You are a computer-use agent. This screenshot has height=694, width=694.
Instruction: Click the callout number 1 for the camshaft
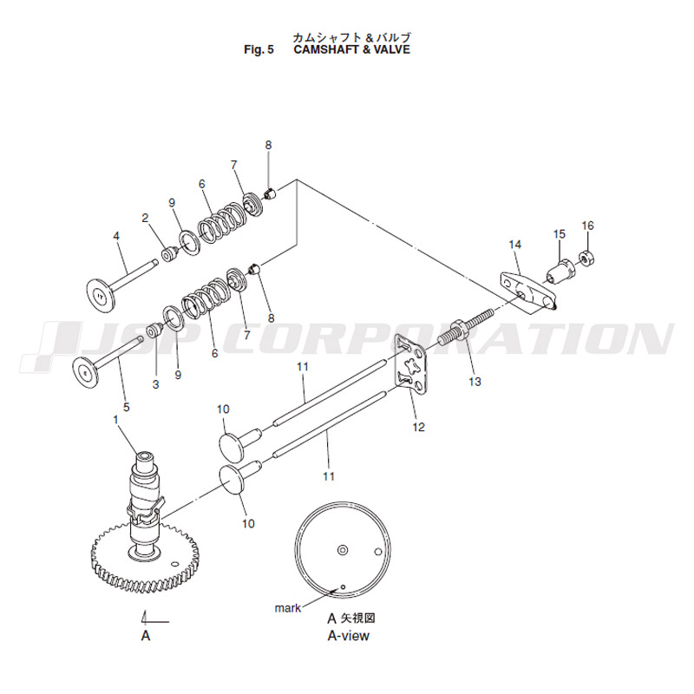pyautogui.click(x=116, y=419)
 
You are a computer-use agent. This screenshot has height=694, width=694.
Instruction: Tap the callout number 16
pyautogui.click(x=587, y=226)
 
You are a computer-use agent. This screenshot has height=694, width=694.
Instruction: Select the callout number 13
pyautogui.click(x=475, y=382)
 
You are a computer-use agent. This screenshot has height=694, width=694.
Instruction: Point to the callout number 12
pyautogui.click(x=419, y=427)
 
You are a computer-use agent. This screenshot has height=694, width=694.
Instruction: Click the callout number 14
pyautogui.click(x=515, y=245)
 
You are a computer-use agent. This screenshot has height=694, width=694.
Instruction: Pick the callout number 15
pyautogui.click(x=560, y=233)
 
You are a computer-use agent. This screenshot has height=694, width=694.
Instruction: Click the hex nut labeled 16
pyautogui.click(x=587, y=258)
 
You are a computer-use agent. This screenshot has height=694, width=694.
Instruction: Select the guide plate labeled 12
pyautogui.click(x=411, y=363)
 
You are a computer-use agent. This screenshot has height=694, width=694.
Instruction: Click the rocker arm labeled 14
pyautogui.click(x=527, y=290)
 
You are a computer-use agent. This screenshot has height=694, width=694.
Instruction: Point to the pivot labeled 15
pyautogui.click(x=560, y=271)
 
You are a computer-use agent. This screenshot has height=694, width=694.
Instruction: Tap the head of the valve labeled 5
pyautogui.click(x=86, y=373)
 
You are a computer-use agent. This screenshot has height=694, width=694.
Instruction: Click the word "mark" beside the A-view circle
pyautogui.click(x=288, y=608)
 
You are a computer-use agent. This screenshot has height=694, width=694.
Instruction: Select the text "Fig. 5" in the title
pyautogui.click(x=259, y=49)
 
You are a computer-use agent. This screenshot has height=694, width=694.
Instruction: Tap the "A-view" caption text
pyautogui.click(x=349, y=636)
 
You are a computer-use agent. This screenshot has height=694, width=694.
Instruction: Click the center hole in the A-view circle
pyautogui.click(x=343, y=550)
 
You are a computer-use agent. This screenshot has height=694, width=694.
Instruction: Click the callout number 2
pyautogui.click(x=145, y=218)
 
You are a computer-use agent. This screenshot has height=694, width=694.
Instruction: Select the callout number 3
pyautogui.click(x=155, y=384)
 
